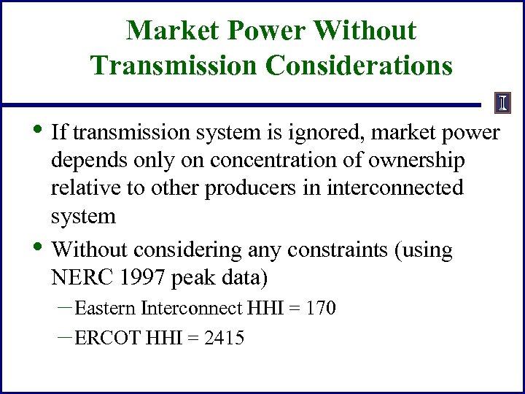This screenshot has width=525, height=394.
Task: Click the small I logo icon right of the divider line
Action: pos(502,103)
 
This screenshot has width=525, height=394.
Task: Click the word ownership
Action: pos(418,161)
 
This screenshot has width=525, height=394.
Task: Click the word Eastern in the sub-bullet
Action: pos(105,309)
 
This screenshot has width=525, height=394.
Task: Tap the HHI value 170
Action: pos(321,309)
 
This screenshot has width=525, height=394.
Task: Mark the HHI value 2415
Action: pos(225,339)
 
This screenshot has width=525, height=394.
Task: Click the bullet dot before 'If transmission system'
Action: pos(39,130)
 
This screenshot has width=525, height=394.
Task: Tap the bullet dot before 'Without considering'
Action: pos(39,248)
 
